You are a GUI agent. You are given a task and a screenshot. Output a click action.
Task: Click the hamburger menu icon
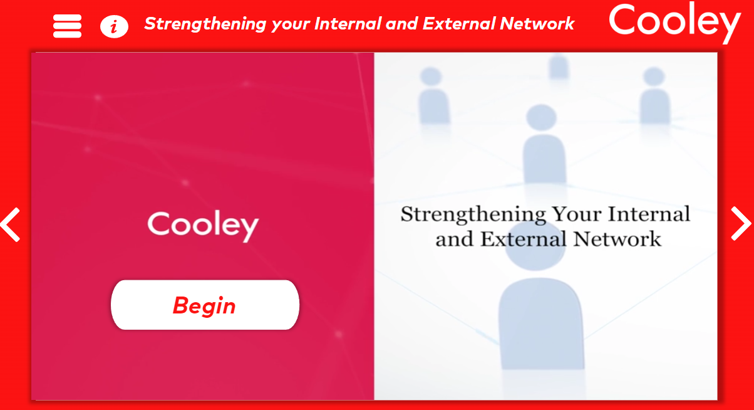pos(67,26)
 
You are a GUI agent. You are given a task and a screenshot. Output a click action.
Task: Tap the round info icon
pos(114,26)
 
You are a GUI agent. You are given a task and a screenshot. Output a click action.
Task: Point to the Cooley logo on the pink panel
pos(203,226)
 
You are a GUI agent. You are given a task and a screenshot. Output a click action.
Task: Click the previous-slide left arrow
pos(11,224)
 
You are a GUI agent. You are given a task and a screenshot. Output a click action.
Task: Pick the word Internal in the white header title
pos(348,24)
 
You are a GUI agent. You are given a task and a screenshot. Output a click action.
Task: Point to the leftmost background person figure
pos(433,97)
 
